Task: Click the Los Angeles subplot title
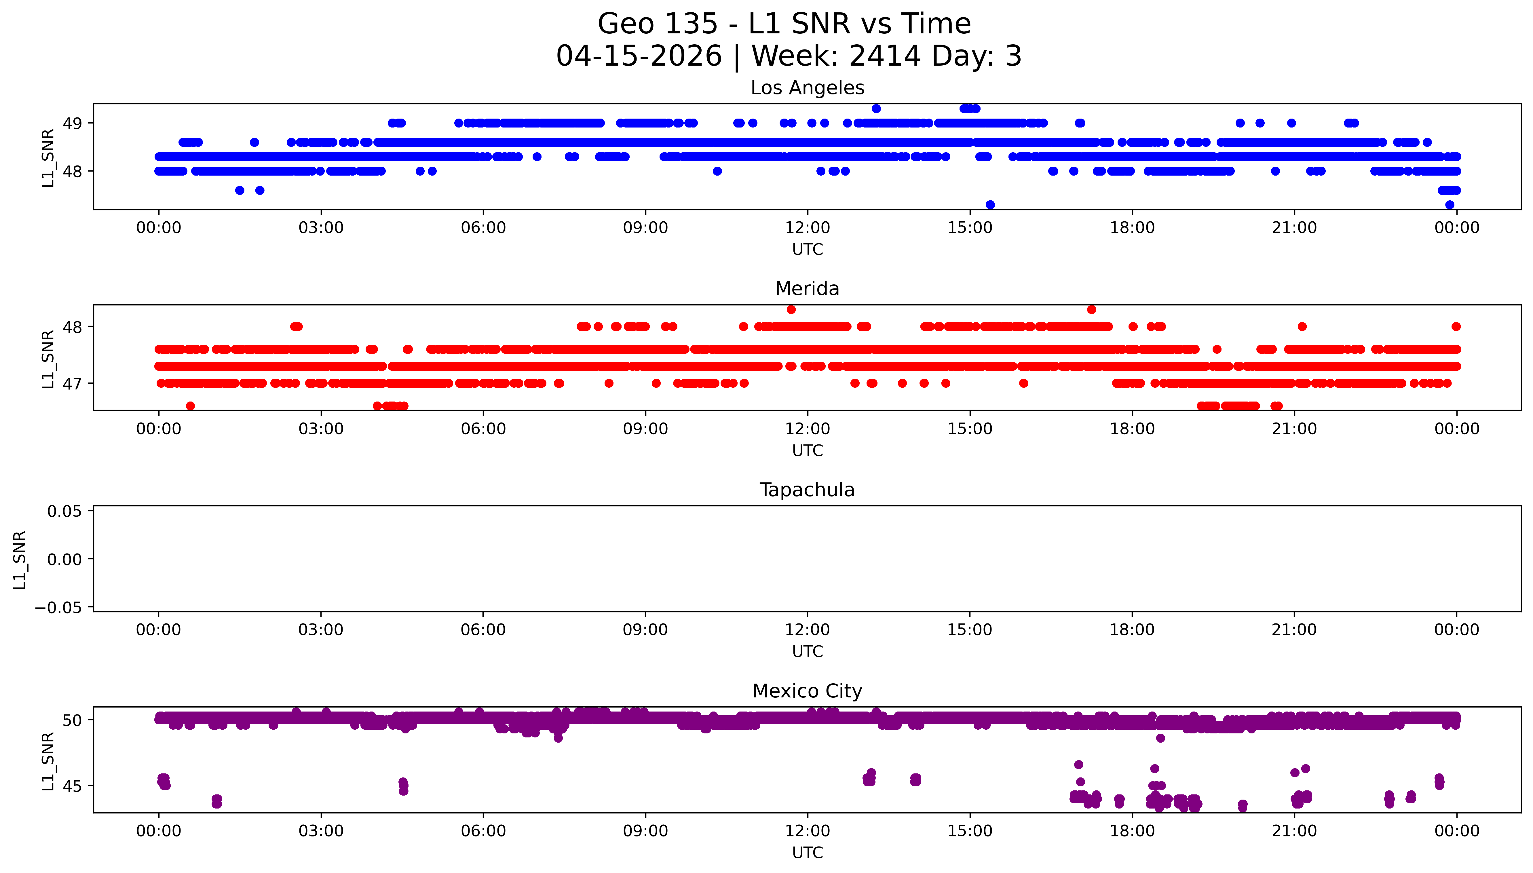(x=807, y=88)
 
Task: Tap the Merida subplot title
(x=807, y=289)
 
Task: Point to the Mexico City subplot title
(x=807, y=691)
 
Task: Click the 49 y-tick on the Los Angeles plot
(x=73, y=123)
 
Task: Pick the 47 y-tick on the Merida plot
(x=73, y=384)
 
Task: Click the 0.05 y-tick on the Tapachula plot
(x=65, y=511)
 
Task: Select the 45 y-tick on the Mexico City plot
(x=73, y=786)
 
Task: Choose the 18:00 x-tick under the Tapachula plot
(x=1132, y=630)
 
